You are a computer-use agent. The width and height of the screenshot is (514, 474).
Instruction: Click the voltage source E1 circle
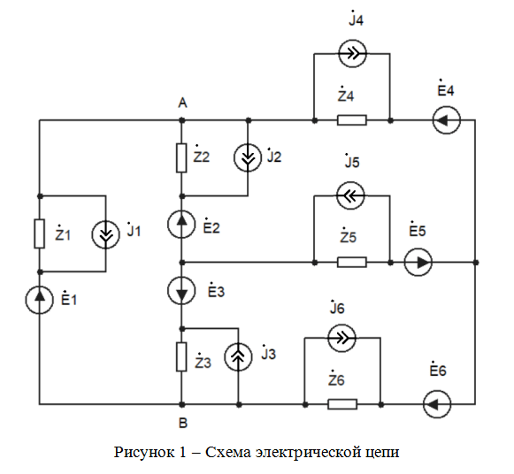pos(39,300)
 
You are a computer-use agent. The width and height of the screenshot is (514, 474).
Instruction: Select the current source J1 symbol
pos(105,235)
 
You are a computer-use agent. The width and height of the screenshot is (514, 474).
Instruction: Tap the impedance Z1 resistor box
pos(39,233)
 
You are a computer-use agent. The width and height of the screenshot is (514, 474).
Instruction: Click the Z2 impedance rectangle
pos(181,158)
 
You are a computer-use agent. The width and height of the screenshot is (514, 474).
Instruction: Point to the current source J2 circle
pos(248,157)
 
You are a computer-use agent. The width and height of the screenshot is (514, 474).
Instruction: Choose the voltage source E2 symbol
pos(181,224)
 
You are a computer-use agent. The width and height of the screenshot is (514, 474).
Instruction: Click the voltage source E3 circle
pos(181,291)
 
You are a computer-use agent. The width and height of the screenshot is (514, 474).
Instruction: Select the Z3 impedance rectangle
pos(181,357)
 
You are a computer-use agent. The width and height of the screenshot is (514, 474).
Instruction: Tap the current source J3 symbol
pos(238,357)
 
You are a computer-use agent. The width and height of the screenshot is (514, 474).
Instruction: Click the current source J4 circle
pos(352,54)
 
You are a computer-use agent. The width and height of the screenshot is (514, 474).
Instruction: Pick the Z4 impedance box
pos(352,120)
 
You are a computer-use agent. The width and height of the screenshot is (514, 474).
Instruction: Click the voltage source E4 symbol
pos(447,120)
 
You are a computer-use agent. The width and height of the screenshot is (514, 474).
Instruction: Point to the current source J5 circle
pos(350,196)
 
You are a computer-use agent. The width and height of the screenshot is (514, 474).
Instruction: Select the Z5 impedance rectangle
pos(352,262)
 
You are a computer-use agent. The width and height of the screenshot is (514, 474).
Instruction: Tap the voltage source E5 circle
pos(418,262)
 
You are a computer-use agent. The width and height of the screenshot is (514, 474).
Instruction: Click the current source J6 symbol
pos(341,338)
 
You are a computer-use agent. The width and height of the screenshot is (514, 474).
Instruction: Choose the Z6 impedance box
pos(342,404)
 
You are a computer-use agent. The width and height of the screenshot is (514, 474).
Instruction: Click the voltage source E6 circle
pos(437,404)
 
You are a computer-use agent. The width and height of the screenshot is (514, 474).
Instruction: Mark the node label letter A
pos(182,103)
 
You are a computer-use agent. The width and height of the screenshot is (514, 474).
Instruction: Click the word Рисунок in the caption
pos(144,453)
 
